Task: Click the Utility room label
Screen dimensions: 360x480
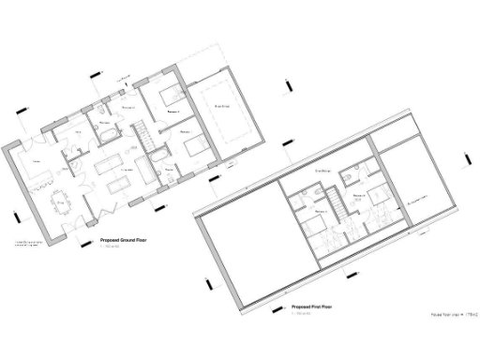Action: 79,134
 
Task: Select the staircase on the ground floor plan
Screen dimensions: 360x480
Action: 139,137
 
